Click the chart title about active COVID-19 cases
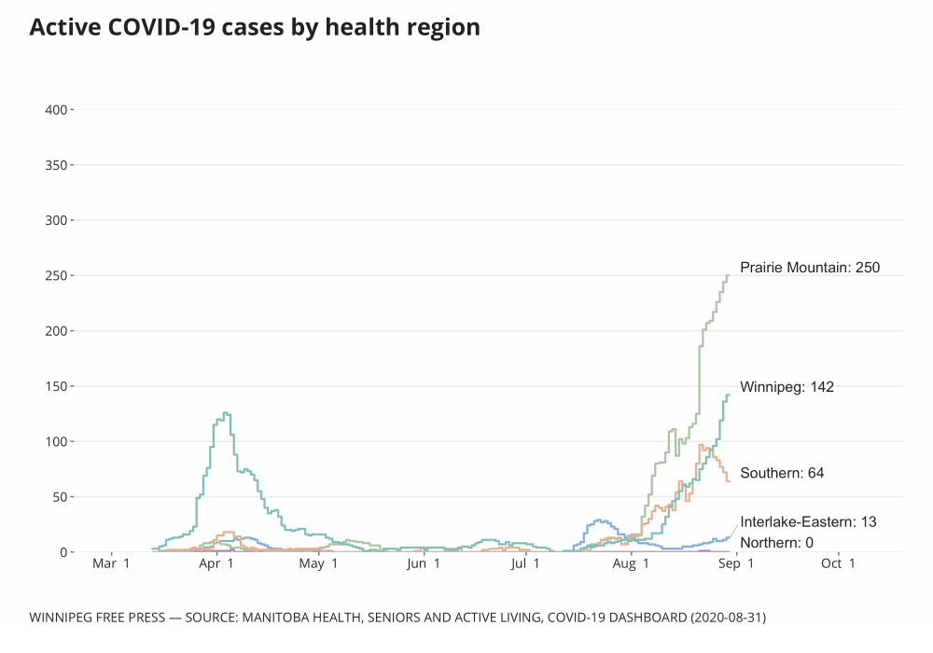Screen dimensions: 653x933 coord(255,27)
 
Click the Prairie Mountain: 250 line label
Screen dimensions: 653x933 coord(810,268)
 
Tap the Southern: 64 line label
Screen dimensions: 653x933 coord(782,473)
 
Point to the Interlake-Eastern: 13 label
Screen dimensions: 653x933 coord(808,521)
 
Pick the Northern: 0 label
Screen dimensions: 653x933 coord(776,543)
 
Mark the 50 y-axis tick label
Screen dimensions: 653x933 coord(59,496)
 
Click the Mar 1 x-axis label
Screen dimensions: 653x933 coord(112,563)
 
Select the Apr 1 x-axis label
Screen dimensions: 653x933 coord(216,563)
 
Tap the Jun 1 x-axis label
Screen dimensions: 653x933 coord(424,563)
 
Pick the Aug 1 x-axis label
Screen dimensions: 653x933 coord(633,563)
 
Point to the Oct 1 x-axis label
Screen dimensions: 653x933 coord(838,563)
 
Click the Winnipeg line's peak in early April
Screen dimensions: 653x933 coord(225,412)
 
